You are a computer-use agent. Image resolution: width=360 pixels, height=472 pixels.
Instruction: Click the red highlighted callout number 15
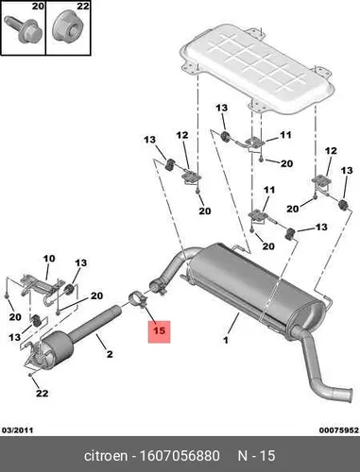pyautogui.click(x=159, y=331)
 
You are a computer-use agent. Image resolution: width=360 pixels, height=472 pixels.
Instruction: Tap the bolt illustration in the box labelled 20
pyautogui.click(x=23, y=29)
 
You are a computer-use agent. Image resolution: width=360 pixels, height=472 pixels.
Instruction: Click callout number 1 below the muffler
pyautogui.click(x=226, y=340)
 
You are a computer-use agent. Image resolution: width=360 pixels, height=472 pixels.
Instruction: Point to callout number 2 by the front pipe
pyautogui.click(x=110, y=354)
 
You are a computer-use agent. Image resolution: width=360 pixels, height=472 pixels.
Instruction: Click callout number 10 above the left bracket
pyautogui.click(x=49, y=259)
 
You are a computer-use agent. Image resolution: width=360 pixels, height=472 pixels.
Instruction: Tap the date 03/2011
pyautogui.click(x=18, y=430)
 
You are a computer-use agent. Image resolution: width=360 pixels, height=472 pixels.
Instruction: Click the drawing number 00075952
pyautogui.click(x=339, y=430)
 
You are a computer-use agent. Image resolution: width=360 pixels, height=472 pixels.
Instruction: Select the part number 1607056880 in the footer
pyautogui.click(x=180, y=456)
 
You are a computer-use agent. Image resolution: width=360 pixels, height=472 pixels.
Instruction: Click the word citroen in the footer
pyautogui.click(x=106, y=456)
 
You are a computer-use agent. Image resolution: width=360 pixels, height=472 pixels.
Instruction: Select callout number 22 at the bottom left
pyautogui.click(x=42, y=393)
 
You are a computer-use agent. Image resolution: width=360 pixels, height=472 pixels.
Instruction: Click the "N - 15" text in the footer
pyautogui.click(x=256, y=456)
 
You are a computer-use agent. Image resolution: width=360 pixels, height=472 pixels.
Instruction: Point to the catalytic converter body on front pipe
pyautogui.click(x=58, y=346)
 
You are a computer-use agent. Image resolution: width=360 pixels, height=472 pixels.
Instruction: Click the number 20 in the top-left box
pyautogui.click(x=38, y=6)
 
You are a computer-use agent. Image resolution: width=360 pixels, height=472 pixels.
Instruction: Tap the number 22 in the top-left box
pyautogui.click(x=83, y=6)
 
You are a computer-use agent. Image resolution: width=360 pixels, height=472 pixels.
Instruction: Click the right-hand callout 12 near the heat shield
pyautogui.click(x=331, y=151)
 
